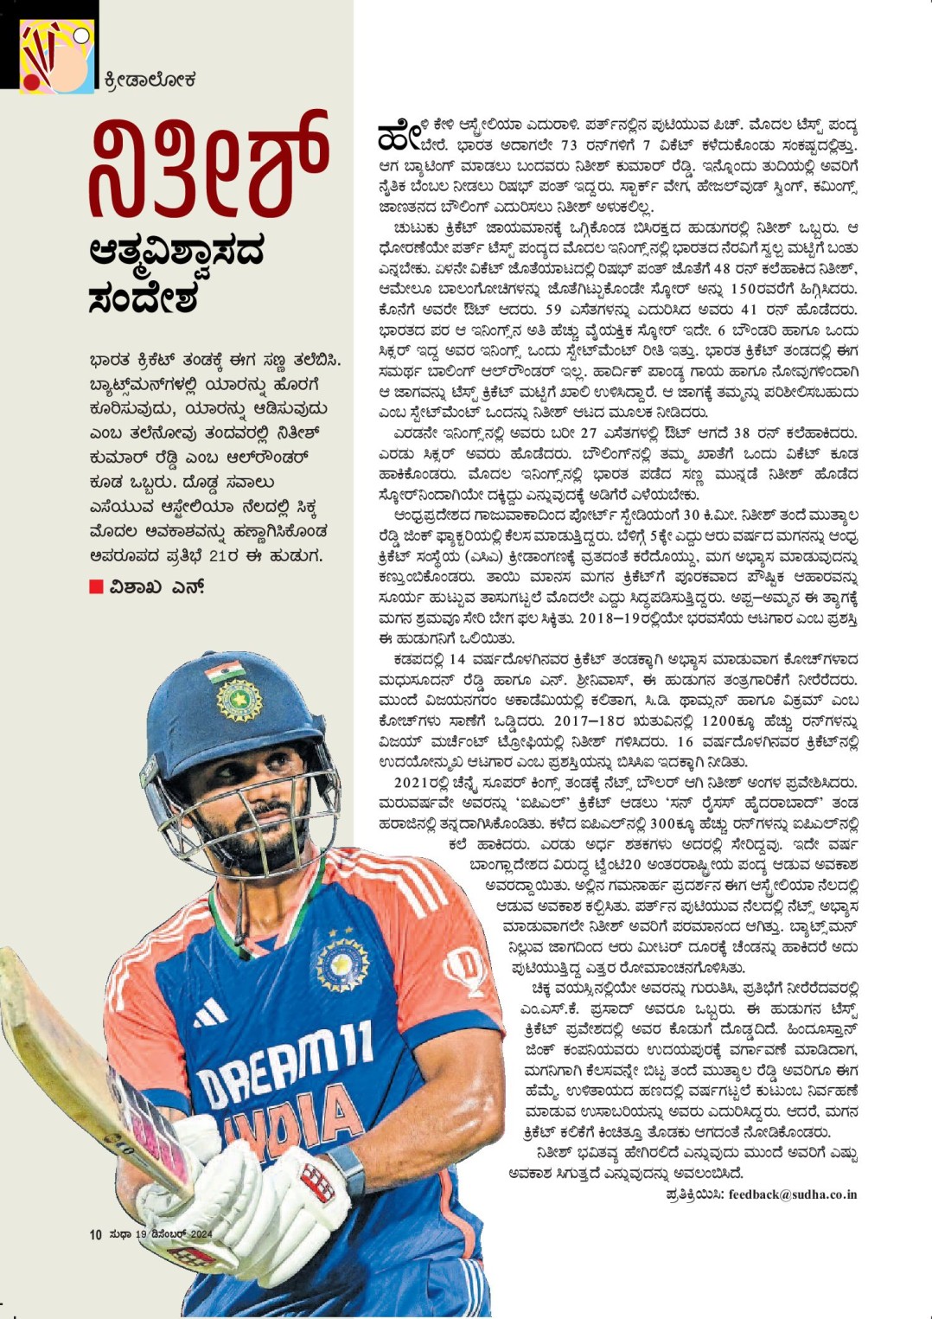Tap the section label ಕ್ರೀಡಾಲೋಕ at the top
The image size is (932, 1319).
coord(150,80)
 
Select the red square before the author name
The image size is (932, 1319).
coord(96,587)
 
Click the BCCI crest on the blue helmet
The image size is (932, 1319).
coord(239,699)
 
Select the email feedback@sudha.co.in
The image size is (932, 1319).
coord(792,1194)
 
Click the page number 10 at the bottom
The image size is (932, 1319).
coord(95,1234)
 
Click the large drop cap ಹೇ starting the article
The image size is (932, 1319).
coord(399,135)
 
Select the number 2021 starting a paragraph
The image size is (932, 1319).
coord(412,783)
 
